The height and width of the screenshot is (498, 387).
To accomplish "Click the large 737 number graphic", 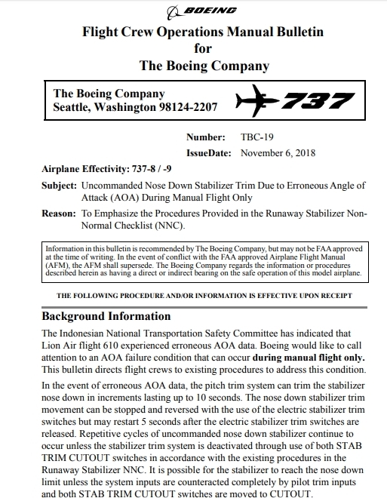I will click(x=314, y=100).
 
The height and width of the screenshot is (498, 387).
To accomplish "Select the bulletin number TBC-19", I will click(x=257, y=137).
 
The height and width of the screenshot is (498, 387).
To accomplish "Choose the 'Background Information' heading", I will click(x=106, y=315).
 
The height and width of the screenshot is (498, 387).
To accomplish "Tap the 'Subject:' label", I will click(x=59, y=185).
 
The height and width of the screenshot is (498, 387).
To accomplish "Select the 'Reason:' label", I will click(x=58, y=214).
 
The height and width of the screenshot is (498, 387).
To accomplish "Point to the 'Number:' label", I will click(x=206, y=137).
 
